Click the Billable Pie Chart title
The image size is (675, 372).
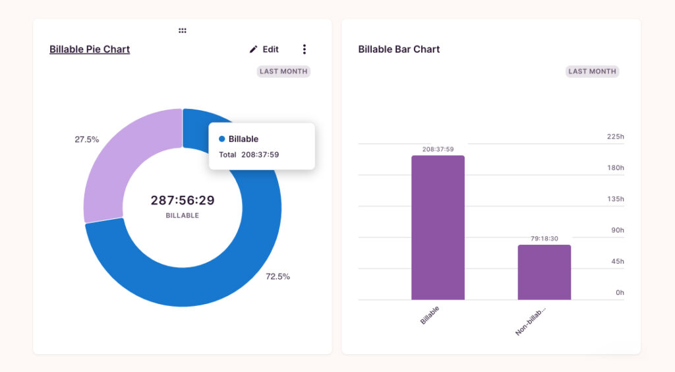pyautogui.click(x=90, y=49)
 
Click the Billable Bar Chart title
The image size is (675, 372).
pyautogui.click(x=399, y=49)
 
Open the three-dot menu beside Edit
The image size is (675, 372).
pyautogui.click(x=304, y=49)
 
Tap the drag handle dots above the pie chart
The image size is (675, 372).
pyautogui.click(x=183, y=30)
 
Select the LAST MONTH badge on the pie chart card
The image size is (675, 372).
pyautogui.click(x=283, y=71)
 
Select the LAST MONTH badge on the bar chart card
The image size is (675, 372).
pyautogui.click(x=592, y=71)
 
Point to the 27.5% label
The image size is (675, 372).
pyautogui.click(x=86, y=140)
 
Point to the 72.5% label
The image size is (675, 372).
pyautogui.click(x=278, y=276)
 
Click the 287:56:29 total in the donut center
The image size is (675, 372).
pyautogui.click(x=183, y=201)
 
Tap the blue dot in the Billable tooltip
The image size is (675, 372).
pyautogui.click(x=222, y=139)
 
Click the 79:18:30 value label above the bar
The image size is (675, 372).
pyautogui.click(x=544, y=238)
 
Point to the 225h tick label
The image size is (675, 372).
pyautogui.click(x=615, y=137)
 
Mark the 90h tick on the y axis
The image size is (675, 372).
pyautogui.click(x=617, y=230)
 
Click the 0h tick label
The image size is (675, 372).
pyautogui.click(x=620, y=292)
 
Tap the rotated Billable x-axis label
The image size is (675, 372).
pyautogui.click(x=430, y=315)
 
